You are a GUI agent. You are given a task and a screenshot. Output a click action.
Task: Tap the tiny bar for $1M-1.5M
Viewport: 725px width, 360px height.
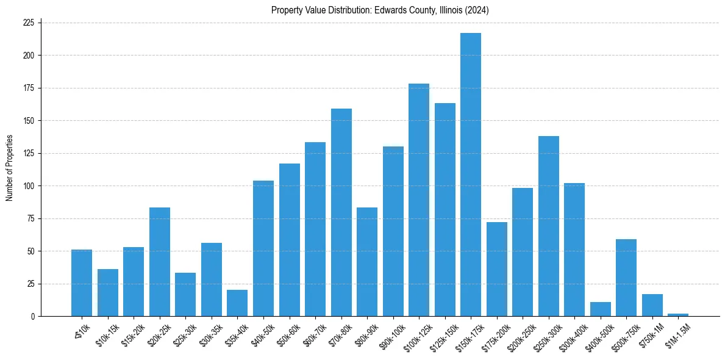pos(678,315)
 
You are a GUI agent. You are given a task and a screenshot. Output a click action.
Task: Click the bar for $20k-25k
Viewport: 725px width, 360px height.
pos(160,262)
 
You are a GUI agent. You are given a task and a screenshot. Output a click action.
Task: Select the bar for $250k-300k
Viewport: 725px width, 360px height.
pos(549,226)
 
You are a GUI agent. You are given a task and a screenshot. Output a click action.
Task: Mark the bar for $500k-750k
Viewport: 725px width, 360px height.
pos(626,278)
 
